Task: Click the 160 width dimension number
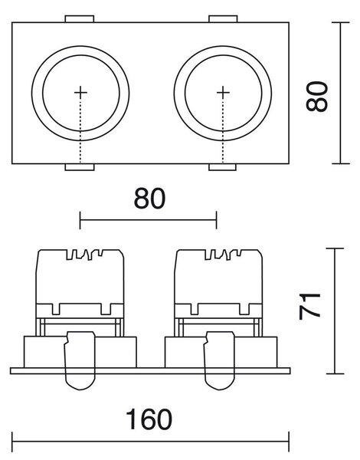149,419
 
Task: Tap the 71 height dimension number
309,306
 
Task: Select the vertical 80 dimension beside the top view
316,97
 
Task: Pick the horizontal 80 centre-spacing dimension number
149,199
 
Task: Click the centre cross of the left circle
80,93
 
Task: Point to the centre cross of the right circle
223,93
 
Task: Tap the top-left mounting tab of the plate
80,18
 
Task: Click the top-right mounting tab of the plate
223,18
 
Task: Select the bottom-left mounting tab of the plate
80,167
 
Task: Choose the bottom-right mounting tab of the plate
222,167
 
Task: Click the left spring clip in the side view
80,360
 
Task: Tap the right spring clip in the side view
220,360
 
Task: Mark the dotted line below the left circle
80,131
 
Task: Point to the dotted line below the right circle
223,131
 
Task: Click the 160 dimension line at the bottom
150,442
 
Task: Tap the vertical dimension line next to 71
335,311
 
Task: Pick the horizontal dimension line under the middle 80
148,220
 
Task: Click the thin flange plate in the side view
150,371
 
